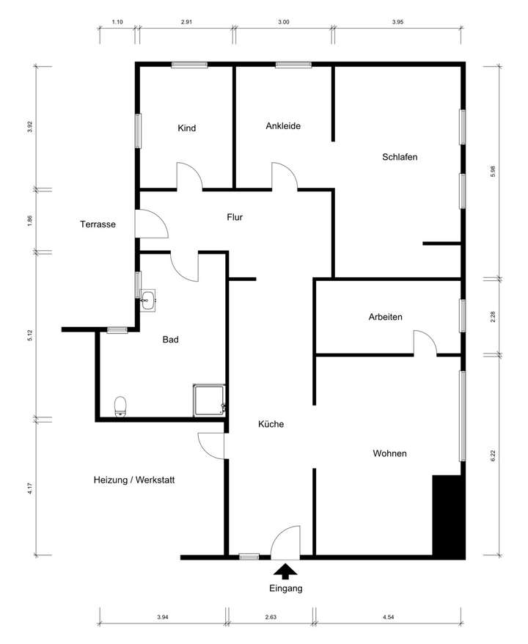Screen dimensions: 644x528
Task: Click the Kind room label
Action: [x=187, y=128]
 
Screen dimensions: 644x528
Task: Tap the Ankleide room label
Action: [x=283, y=125]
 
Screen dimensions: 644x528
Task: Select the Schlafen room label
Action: [x=400, y=157]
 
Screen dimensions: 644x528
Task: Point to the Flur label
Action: [x=235, y=217]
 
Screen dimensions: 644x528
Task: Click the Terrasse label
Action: [x=98, y=224]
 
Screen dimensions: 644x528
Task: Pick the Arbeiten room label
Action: [x=385, y=317]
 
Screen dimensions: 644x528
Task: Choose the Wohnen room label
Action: [x=389, y=453]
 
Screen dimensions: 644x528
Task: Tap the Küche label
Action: [x=271, y=424]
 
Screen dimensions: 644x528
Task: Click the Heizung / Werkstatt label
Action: [x=134, y=480]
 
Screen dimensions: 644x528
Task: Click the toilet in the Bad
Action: [x=121, y=406]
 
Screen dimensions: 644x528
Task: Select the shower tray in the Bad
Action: [x=209, y=400]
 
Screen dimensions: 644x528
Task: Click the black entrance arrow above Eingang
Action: [x=285, y=570]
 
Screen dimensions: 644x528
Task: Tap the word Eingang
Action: [x=285, y=588]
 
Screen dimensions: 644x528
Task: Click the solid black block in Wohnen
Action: [x=448, y=516]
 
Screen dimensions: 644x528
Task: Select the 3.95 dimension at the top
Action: [x=397, y=23]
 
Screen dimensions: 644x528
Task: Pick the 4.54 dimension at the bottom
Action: [x=389, y=618]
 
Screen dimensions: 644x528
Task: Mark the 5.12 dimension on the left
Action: [x=30, y=336]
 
